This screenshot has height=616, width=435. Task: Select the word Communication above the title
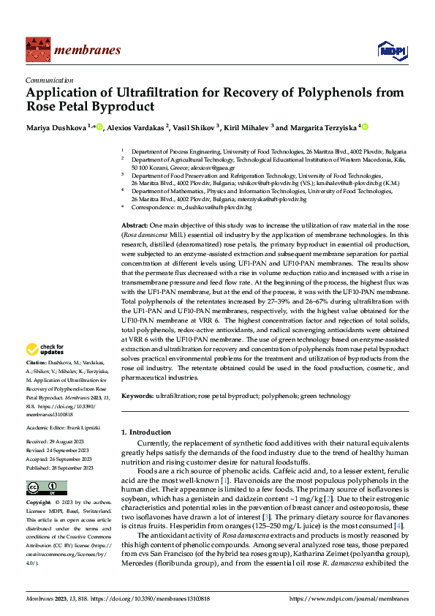pos(49,81)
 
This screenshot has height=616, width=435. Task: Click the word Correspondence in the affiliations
pos(151,208)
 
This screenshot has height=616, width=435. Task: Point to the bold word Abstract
pos(135,226)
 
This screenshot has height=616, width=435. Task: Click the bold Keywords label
pos(138,396)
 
